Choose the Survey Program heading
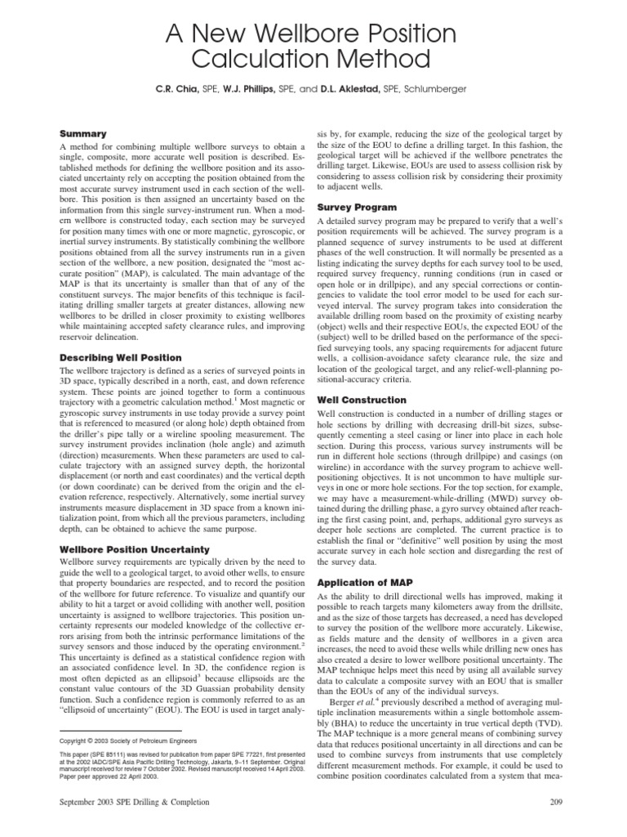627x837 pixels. coord(357,208)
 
